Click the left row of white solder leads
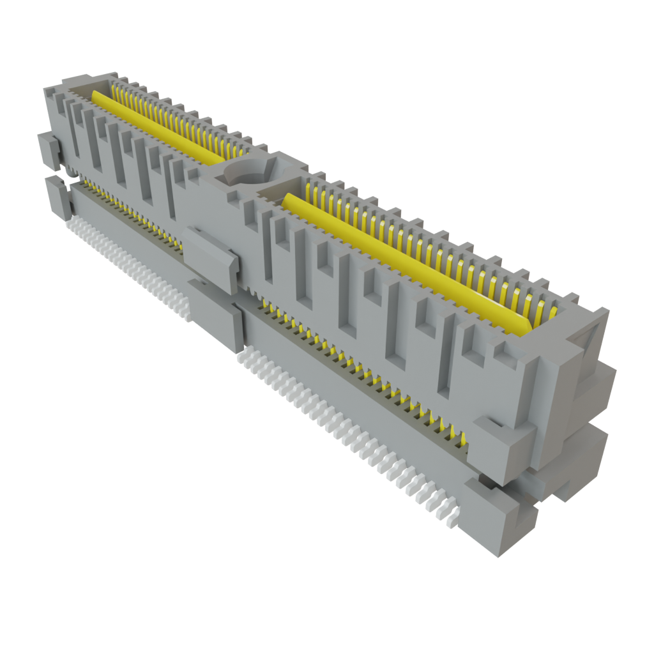[128, 266]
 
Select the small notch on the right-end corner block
[492, 423]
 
